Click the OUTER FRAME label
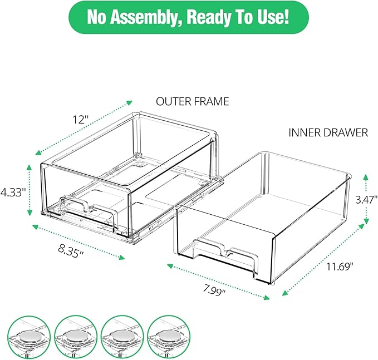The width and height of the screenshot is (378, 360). click(x=192, y=101)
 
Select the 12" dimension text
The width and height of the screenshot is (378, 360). click(x=80, y=120)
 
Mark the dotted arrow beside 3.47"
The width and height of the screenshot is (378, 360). click(x=366, y=199)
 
